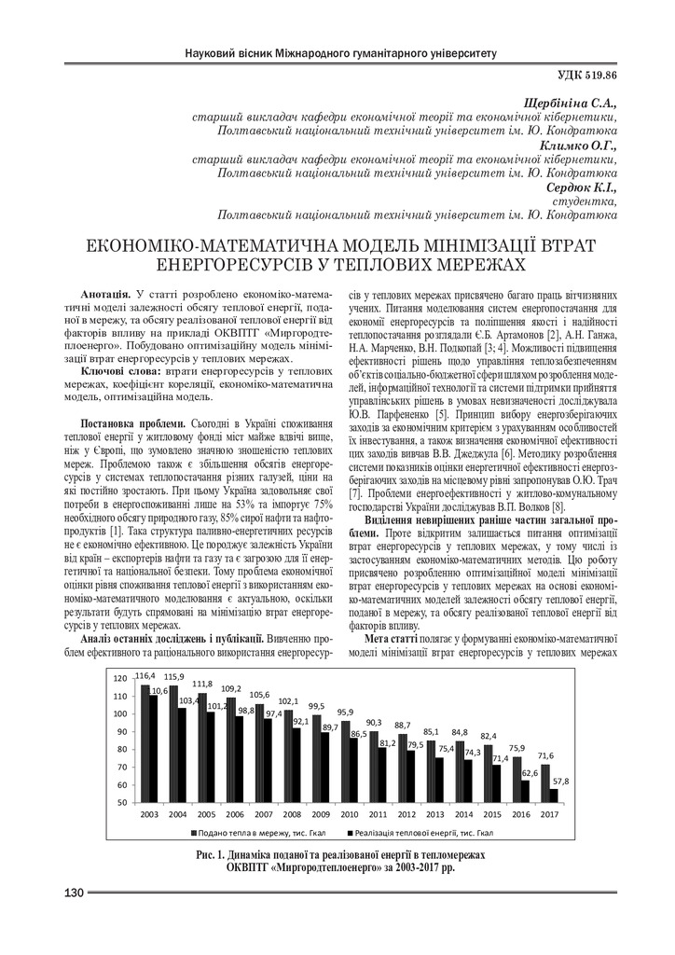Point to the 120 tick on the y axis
pos(118,679)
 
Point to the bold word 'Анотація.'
pos(105,294)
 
